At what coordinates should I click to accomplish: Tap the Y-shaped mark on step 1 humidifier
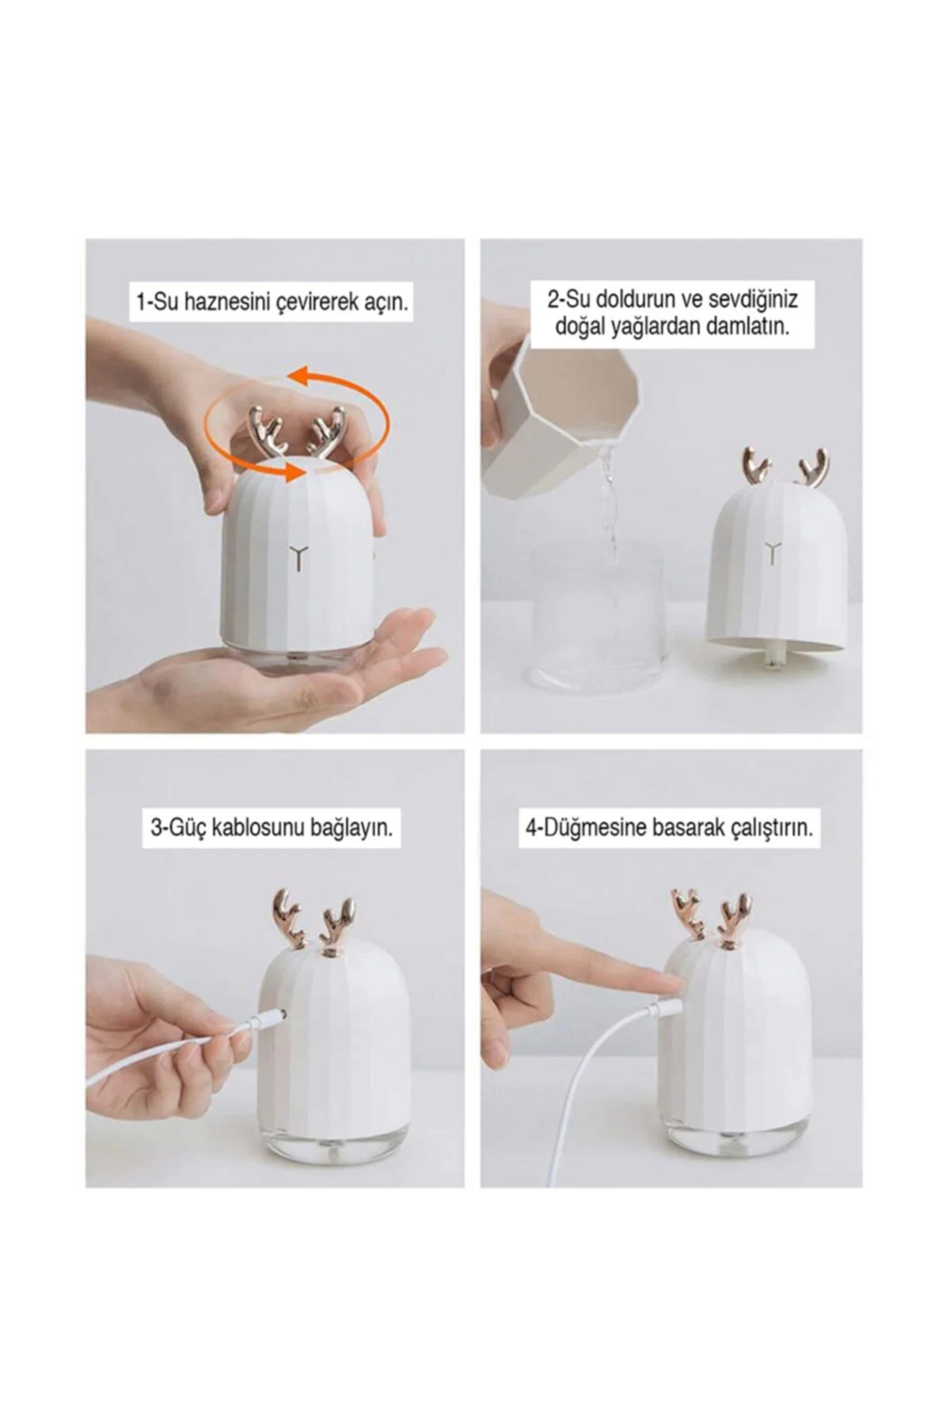point(298,555)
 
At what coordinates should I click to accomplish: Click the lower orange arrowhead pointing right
point(296,473)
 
